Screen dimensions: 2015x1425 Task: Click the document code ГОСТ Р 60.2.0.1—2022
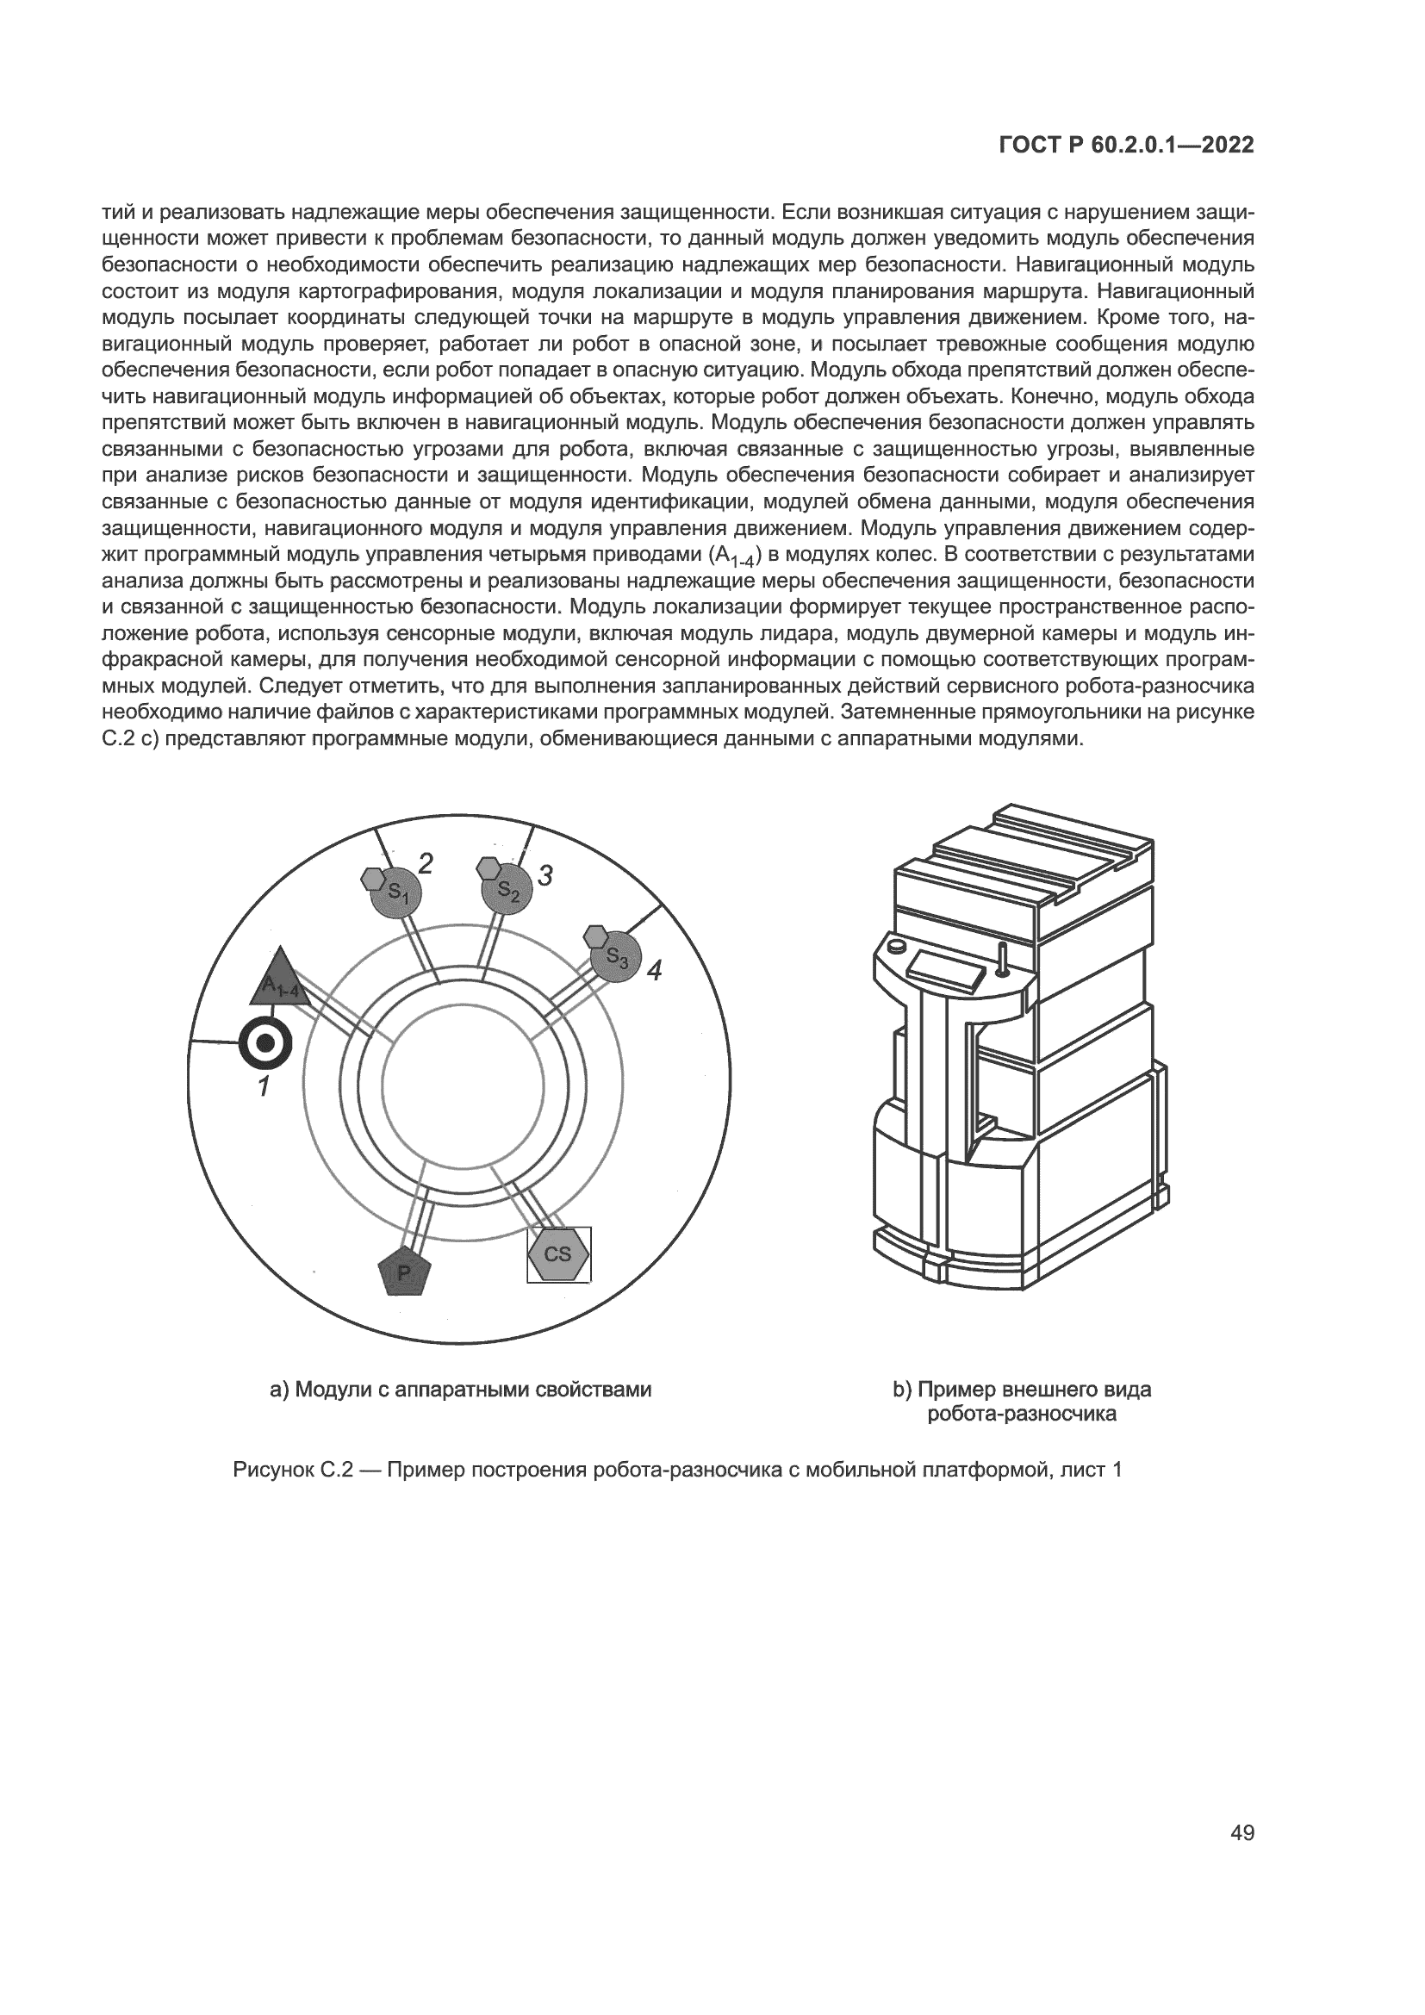point(1127,146)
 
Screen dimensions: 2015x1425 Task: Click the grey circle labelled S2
point(507,889)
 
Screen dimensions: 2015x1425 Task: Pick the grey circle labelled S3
point(616,956)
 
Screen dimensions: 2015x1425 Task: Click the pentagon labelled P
point(405,1272)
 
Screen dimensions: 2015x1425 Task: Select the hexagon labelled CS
point(558,1254)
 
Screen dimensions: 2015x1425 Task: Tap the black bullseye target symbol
point(265,1043)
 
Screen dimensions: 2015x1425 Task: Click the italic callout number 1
point(263,1087)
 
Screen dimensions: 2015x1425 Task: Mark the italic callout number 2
point(426,863)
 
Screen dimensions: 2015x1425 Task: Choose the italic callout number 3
point(544,875)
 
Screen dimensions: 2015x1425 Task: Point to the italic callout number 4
point(654,970)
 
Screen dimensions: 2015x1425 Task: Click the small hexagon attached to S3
point(597,936)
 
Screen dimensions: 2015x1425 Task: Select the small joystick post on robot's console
point(1000,958)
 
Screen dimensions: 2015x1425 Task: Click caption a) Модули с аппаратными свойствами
point(461,1390)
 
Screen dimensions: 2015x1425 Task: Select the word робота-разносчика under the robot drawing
point(1022,1414)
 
